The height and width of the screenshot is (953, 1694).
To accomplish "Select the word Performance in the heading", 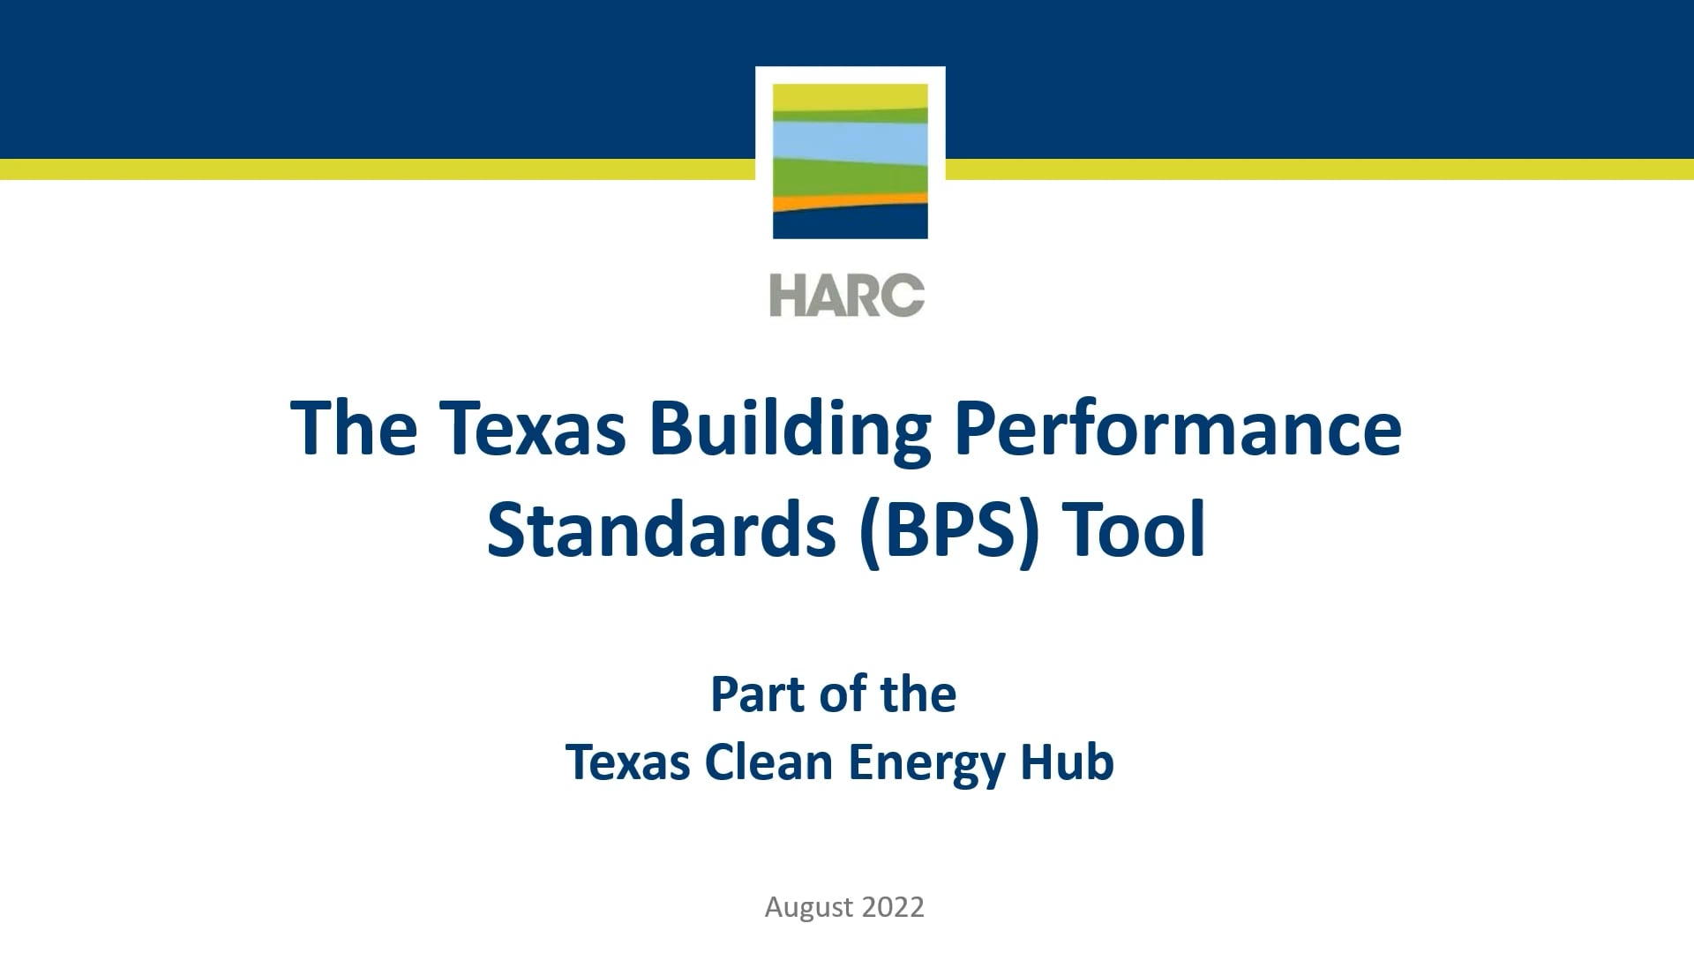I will pyautogui.click(x=1178, y=429).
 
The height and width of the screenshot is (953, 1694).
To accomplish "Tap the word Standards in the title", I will pyautogui.click(x=661, y=530).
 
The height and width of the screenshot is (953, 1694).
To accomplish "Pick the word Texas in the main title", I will pyautogui.click(x=532, y=429).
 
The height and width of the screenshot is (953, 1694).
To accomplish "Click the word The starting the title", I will pyautogui.click(x=354, y=429).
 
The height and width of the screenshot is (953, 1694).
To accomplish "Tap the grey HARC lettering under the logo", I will pyautogui.click(x=847, y=295).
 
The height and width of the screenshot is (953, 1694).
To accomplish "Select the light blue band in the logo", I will pyautogui.click(x=850, y=141).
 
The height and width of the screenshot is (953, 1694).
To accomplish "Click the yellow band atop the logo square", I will pyautogui.click(x=850, y=95).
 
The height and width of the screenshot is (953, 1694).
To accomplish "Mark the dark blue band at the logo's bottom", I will pyautogui.click(x=850, y=224).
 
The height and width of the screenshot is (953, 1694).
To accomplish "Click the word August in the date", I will pyautogui.click(x=808, y=907).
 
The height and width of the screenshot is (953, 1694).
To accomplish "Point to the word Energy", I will pyautogui.click(x=926, y=764).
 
